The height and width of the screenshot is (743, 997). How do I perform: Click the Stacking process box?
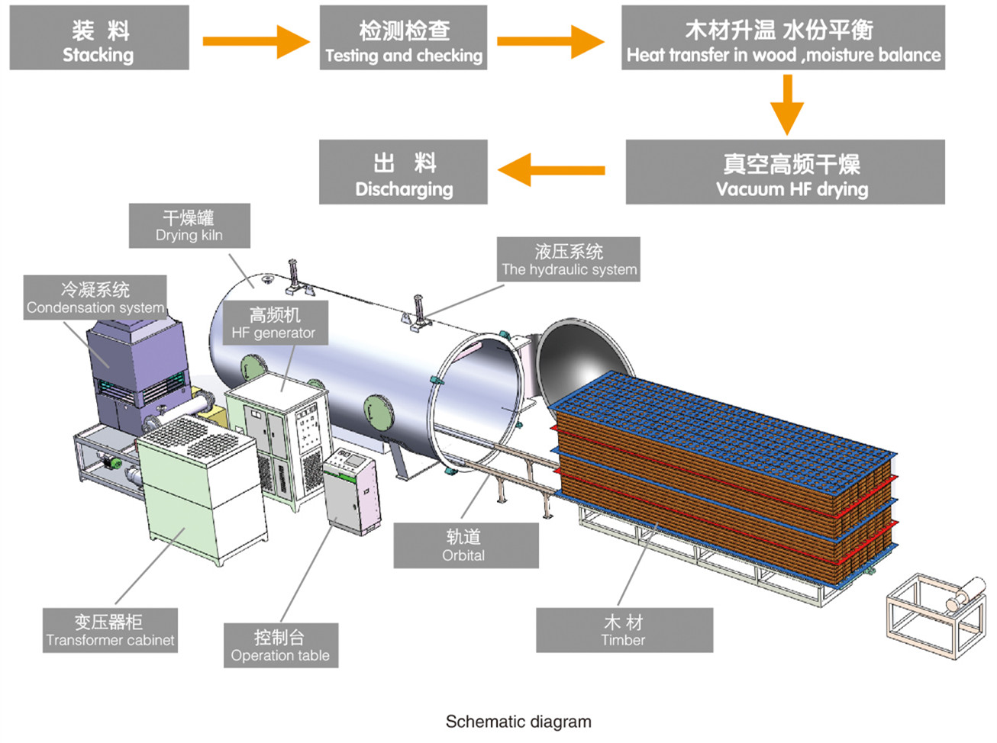[x=99, y=38]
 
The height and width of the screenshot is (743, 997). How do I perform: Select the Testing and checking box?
[x=403, y=38]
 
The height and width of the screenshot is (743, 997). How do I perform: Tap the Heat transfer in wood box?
[x=783, y=38]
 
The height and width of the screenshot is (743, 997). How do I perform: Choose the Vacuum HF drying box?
[x=785, y=172]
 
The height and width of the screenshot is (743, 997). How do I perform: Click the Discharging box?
[x=403, y=172]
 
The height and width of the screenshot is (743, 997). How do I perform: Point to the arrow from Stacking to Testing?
[x=255, y=40]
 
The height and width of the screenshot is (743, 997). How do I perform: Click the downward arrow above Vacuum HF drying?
[x=787, y=105]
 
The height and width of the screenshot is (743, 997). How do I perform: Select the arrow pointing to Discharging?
[x=551, y=169]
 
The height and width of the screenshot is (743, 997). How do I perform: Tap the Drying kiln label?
[x=189, y=226]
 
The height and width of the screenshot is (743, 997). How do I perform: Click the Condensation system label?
[x=95, y=298]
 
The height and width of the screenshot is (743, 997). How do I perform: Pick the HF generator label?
[x=273, y=323]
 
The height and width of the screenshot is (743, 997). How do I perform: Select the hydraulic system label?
[x=569, y=259]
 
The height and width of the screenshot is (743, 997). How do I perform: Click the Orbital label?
[x=466, y=545]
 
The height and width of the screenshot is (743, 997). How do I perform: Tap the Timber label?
[x=624, y=630]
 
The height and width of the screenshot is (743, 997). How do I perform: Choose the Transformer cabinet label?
[x=110, y=630]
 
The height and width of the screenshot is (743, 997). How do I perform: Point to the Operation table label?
[x=280, y=645]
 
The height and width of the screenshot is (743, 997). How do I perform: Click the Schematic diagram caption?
[x=518, y=722]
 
